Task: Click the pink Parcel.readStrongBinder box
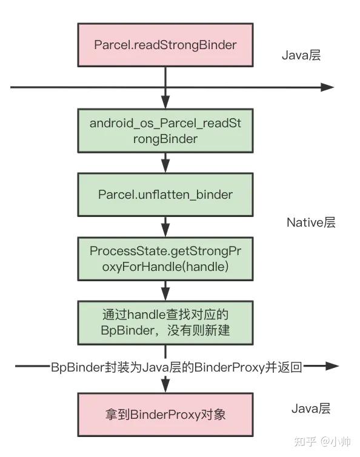coord(165,45)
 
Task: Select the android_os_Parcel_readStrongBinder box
coord(165,130)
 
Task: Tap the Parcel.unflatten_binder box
coord(165,195)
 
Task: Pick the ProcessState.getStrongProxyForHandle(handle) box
coord(165,258)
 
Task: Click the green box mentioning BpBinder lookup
coord(165,323)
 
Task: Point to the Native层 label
coord(311,222)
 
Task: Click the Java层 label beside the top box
coord(301,55)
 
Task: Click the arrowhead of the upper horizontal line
coord(327,87)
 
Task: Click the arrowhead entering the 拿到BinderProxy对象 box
coord(165,385)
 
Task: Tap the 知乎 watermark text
coord(304,441)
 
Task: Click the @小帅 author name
coord(335,441)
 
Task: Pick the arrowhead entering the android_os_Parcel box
coord(165,101)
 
